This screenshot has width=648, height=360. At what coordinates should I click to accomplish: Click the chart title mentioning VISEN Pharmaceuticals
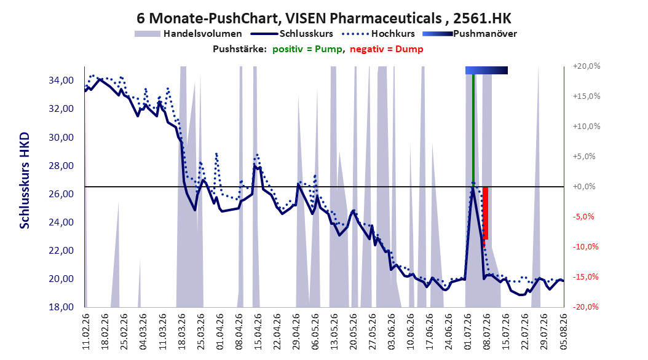(x=323, y=18)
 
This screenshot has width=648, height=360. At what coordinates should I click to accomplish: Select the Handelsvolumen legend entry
(x=188, y=34)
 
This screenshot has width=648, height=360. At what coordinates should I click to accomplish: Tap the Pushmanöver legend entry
(x=470, y=34)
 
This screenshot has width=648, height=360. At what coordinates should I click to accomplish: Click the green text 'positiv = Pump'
(x=307, y=49)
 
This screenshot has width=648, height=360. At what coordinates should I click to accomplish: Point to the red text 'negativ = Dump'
(x=387, y=49)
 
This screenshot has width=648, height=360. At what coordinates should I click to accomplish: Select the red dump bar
(x=485, y=213)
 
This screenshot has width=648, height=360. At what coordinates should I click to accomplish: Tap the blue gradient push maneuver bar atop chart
(x=486, y=70)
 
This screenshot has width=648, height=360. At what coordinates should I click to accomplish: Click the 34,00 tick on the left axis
(x=61, y=80)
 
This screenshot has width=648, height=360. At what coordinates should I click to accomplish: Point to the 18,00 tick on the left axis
(x=61, y=307)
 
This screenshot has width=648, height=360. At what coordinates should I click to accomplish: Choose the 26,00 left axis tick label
(x=61, y=194)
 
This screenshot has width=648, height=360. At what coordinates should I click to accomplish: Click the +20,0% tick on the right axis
(x=587, y=66)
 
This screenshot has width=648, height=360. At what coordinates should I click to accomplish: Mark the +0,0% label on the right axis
(x=584, y=187)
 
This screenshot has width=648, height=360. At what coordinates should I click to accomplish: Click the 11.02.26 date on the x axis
(x=86, y=332)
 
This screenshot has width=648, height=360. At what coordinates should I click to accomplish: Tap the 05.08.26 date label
(x=563, y=332)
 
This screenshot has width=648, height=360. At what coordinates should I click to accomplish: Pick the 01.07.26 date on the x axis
(x=468, y=332)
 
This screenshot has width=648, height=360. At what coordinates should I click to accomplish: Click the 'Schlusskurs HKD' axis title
(x=25, y=181)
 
